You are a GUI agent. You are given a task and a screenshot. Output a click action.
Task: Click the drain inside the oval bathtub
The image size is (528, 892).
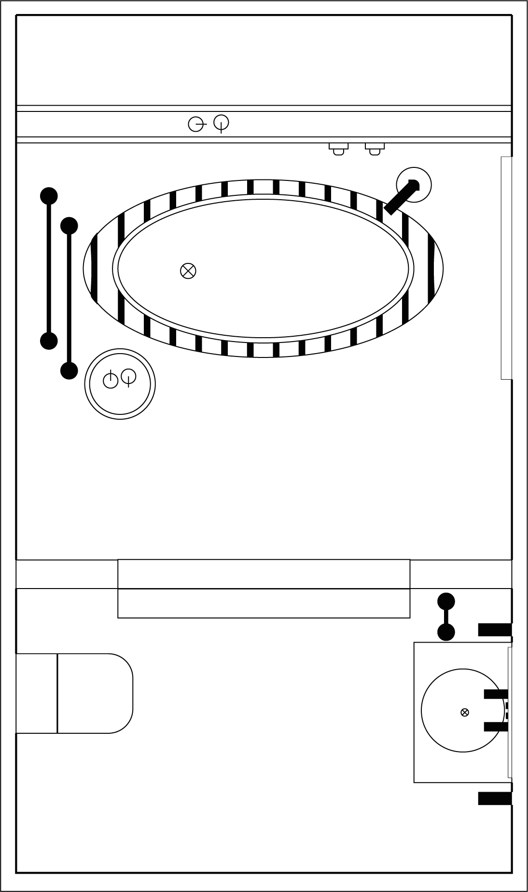[x=188, y=271]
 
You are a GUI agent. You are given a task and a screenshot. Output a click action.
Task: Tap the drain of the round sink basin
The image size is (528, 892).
[x=464, y=712]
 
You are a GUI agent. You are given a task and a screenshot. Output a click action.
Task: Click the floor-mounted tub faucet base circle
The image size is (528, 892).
[x=414, y=185]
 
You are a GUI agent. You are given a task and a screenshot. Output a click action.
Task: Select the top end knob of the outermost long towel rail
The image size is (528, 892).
[x=49, y=195]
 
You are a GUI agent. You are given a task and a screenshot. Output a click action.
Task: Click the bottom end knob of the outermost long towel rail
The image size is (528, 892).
[x=49, y=341]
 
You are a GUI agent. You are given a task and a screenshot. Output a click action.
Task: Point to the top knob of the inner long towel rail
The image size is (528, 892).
[x=69, y=225]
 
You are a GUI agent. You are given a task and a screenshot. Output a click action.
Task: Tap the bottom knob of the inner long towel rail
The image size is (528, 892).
[x=69, y=371]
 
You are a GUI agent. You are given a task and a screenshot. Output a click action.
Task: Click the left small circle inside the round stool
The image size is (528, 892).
[x=111, y=380]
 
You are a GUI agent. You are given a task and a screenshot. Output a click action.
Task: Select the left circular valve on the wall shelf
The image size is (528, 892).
[x=195, y=124]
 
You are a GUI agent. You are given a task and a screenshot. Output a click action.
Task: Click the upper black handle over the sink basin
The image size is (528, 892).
[x=496, y=694]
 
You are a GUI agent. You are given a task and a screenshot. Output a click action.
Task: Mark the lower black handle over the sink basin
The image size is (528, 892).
[x=496, y=727]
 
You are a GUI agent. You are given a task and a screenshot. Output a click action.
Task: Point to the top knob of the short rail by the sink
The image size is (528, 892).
[x=446, y=601]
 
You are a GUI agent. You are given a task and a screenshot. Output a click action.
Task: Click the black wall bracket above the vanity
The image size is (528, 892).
[x=495, y=630]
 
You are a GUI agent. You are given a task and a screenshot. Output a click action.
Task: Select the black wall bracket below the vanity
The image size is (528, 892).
[x=495, y=798]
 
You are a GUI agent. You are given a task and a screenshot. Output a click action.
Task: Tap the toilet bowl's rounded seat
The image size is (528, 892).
[x=95, y=693]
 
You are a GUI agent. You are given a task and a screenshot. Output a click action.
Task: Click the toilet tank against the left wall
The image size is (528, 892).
[x=37, y=693]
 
